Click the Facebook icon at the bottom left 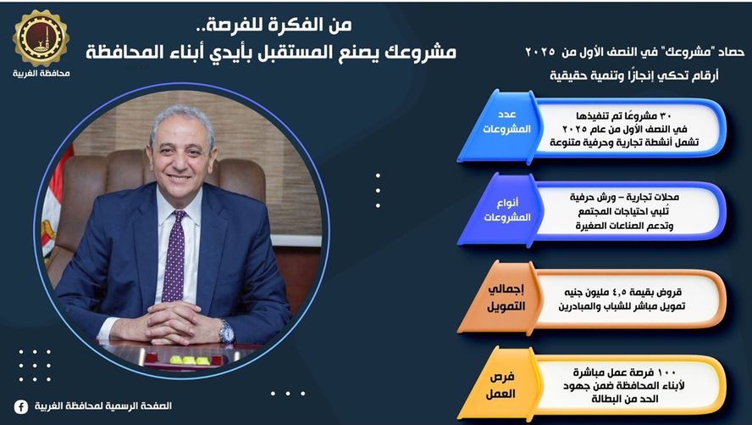(20, 406)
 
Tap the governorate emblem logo (41, 38)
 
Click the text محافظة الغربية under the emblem (41, 74)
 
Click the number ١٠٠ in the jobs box (668, 372)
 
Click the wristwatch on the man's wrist (227, 332)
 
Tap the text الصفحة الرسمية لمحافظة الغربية (103, 406)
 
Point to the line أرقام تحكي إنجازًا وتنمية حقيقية (634, 75)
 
